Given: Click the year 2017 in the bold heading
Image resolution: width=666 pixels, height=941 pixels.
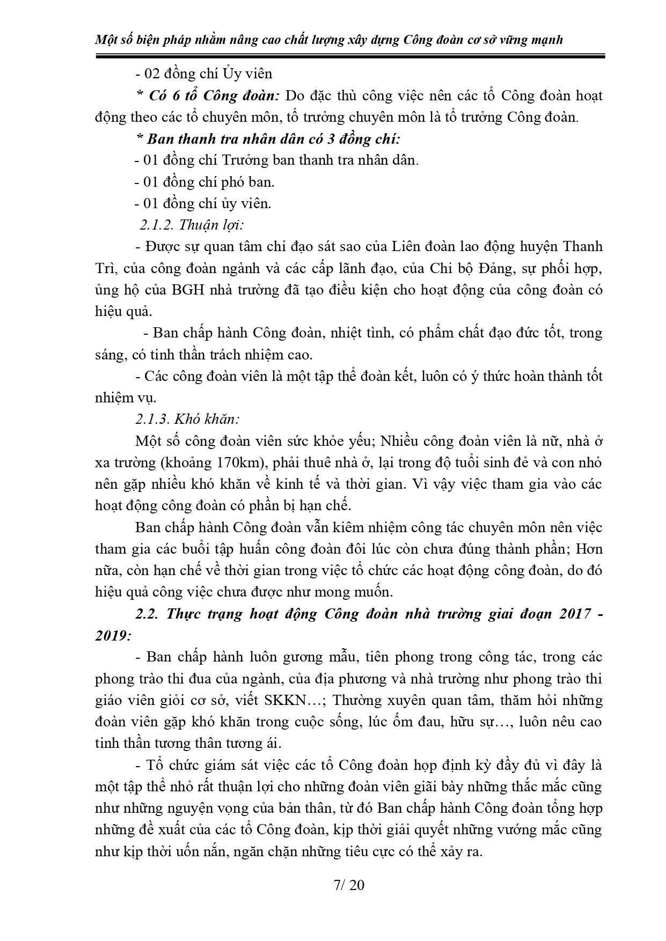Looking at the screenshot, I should coord(569,614).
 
